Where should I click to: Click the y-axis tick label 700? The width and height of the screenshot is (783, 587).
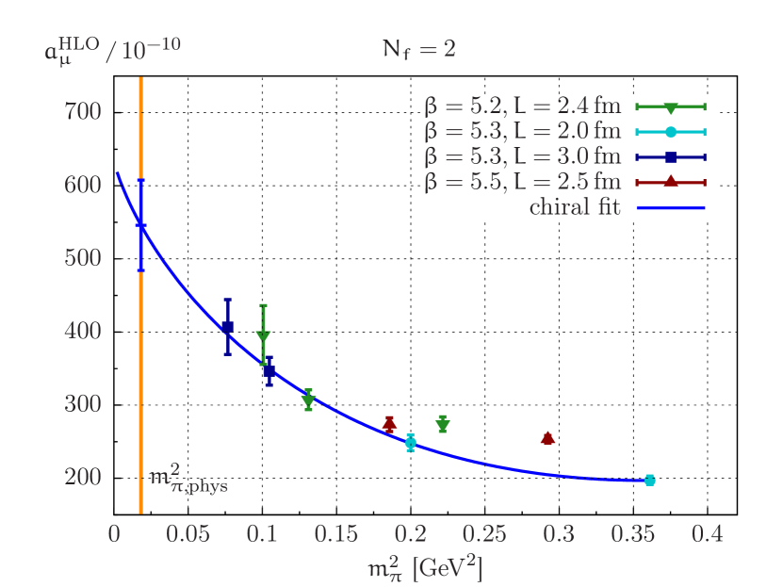(82, 112)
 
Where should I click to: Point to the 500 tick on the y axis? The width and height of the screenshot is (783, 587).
(82, 258)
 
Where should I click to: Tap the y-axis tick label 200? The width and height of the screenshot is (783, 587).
(82, 477)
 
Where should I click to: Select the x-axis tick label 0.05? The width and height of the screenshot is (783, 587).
(188, 534)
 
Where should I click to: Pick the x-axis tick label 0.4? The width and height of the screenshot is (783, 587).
(707, 534)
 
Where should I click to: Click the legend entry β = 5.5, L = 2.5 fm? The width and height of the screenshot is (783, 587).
(523, 182)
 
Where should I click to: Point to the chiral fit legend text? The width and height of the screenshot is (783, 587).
(575, 207)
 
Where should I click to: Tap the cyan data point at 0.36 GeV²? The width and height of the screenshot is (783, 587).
(649, 481)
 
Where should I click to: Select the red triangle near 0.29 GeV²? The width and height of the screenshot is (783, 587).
(547, 437)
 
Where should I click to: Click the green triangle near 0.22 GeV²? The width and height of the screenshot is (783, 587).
(442, 426)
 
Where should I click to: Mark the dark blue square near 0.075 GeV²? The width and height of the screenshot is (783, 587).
(227, 327)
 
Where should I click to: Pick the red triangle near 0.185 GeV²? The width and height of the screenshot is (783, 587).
(389, 424)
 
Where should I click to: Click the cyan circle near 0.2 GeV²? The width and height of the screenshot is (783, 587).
(410, 443)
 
